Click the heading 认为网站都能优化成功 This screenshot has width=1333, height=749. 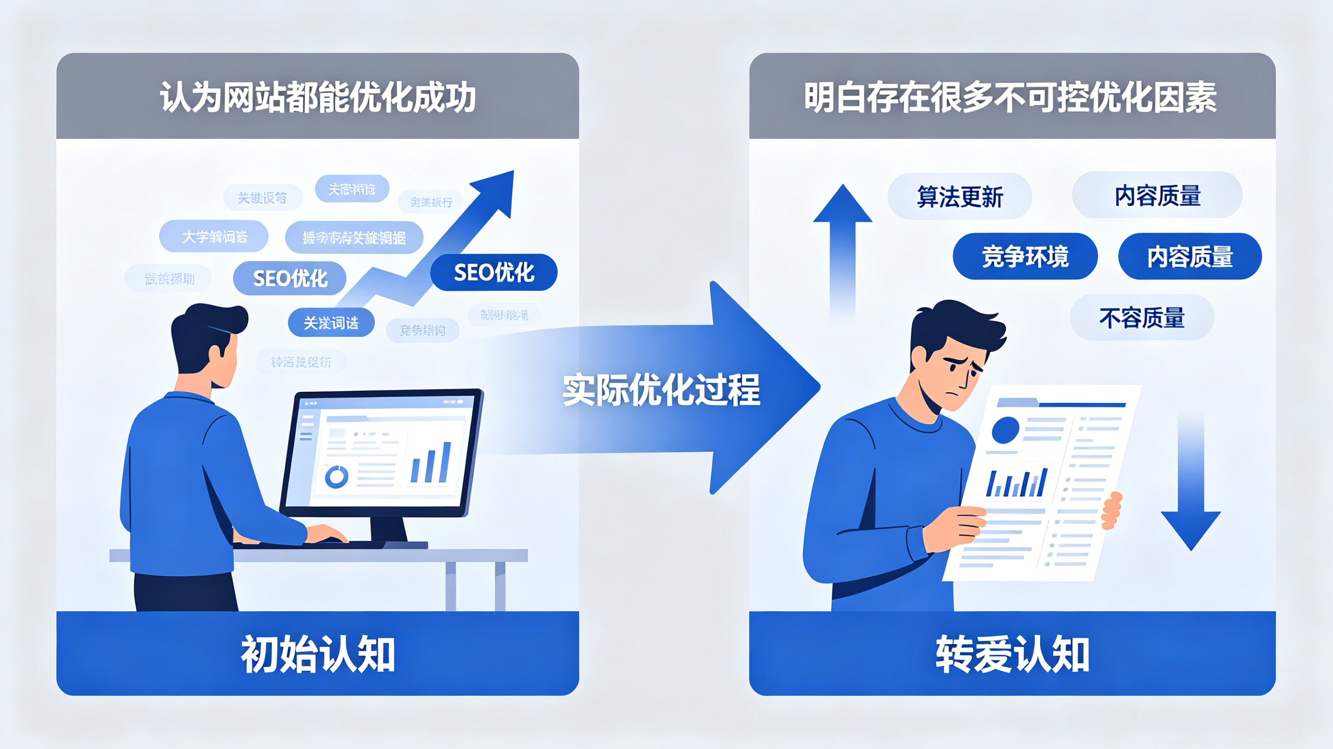[x=317, y=97]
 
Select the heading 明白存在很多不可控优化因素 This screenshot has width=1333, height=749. [x=1011, y=97]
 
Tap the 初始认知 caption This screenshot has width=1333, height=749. [x=318, y=654]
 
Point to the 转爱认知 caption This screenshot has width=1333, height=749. [x=1012, y=654]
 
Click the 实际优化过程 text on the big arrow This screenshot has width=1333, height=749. [x=661, y=389]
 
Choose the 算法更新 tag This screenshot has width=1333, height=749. [x=959, y=197]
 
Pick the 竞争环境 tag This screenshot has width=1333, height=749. [x=1024, y=257]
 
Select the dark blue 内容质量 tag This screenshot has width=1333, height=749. [x=1189, y=257]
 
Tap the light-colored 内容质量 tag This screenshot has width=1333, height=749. [x=1157, y=195]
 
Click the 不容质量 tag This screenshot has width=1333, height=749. [x=1142, y=317]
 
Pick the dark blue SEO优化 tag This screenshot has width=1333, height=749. [x=494, y=272]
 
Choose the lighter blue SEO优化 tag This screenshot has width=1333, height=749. [x=290, y=278]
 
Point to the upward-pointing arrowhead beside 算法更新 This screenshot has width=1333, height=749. [x=842, y=204]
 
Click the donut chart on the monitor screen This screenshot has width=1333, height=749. [x=336, y=476]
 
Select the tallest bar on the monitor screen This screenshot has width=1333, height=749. [x=445, y=462]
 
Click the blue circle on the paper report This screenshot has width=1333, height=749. [x=1005, y=430]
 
